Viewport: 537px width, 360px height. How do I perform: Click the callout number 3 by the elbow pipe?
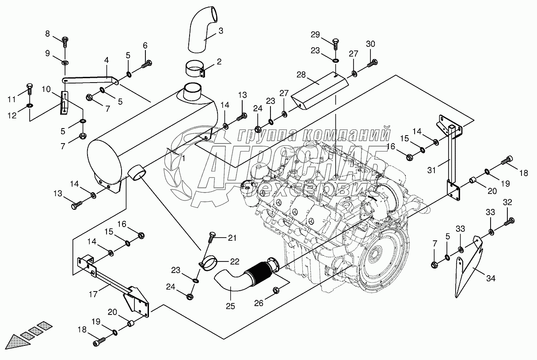point(221,31)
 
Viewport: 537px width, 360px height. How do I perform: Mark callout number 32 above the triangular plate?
point(507,203)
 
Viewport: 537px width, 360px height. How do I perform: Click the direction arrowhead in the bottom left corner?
point(18,342)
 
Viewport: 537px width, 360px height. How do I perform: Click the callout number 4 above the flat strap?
point(106,60)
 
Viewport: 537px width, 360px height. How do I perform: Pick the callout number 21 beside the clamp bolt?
point(232,238)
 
